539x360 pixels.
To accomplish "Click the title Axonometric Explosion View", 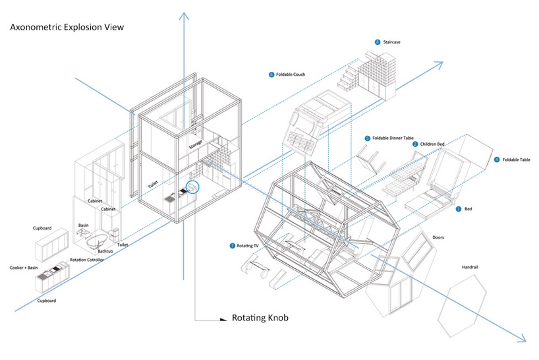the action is click(x=67, y=27).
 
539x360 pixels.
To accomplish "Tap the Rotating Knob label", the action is click(x=260, y=318).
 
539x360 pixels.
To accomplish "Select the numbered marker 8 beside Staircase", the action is click(x=378, y=42).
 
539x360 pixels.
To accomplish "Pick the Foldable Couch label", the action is click(x=291, y=75).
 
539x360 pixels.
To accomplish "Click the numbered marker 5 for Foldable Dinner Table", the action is click(x=368, y=138).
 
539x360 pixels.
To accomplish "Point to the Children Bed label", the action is click(x=432, y=144).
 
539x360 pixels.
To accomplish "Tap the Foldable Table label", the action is click(x=517, y=160).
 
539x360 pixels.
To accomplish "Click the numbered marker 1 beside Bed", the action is click(x=458, y=209).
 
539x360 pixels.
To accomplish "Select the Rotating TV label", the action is click(x=248, y=246).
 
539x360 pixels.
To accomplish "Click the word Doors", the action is click(x=438, y=237).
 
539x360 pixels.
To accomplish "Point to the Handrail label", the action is click(x=470, y=267).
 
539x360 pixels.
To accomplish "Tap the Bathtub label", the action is click(x=105, y=251).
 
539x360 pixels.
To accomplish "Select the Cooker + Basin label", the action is click(x=24, y=268).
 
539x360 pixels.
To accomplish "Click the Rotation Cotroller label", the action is click(x=86, y=260).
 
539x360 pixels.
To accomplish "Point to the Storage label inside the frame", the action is click(x=196, y=144).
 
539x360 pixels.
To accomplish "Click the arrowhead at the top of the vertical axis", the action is click(x=184, y=16).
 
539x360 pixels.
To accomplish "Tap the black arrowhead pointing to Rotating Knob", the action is click(x=223, y=319).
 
